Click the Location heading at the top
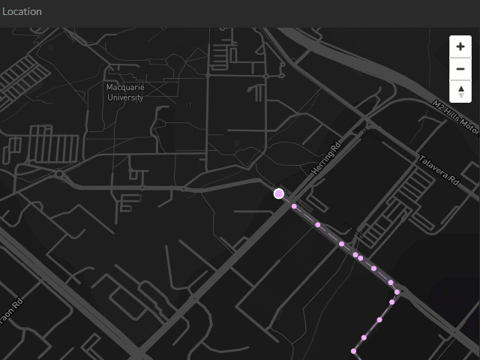(22, 11)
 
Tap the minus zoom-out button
(460, 70)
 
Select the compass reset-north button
(460, 92)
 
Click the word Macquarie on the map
(125, 88)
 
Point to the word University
(125, 97)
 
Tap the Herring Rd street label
(326, 158)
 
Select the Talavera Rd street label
(439, 170)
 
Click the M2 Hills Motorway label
(456, 115)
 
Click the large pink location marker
(279, 193)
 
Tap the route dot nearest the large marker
(295, 206)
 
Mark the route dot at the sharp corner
(397, 292)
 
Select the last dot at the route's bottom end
(353, 351)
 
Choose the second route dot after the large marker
(318, 224)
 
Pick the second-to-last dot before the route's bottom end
(364, 337)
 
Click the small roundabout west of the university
(58, 175)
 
